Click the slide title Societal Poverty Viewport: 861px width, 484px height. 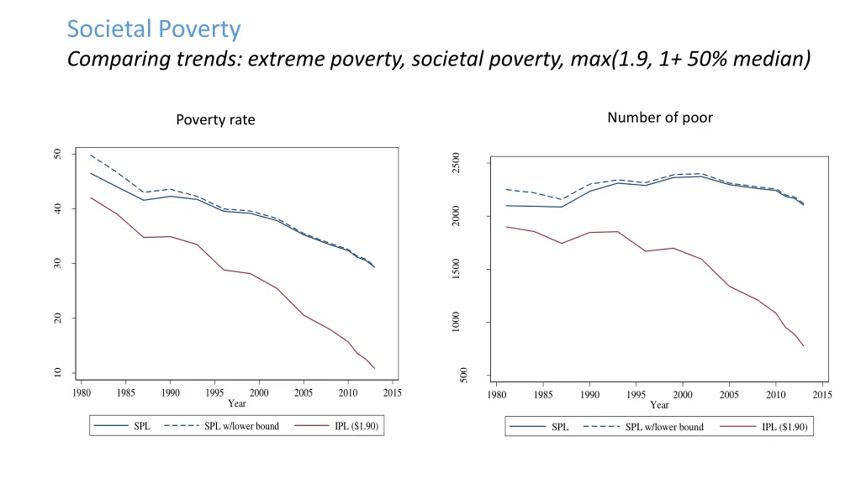(154, 29)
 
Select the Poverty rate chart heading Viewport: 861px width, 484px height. (215, 120)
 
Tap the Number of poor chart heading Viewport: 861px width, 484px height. (659, 118)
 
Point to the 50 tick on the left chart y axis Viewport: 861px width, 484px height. (57, 154)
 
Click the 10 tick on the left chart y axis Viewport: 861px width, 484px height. (57, 373)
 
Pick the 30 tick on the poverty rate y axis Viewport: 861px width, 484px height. (57, 264)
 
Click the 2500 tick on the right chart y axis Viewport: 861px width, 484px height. (455, 163)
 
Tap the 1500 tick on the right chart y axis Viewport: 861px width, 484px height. (455, 270)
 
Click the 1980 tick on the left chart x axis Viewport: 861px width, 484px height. (82, 392)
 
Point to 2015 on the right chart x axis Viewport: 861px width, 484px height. (821, 395)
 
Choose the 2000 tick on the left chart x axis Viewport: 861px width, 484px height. (259, 392)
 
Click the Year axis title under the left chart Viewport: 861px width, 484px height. (237, 403)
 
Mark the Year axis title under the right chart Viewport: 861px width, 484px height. (659, 405)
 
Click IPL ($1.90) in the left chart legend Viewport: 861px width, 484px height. (356, 426)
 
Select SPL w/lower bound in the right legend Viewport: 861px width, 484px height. (664, 428)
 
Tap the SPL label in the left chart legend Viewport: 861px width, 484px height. (142, 426)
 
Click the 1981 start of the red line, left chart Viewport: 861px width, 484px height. (90, 197)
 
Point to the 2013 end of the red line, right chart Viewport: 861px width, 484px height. (804, 346)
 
